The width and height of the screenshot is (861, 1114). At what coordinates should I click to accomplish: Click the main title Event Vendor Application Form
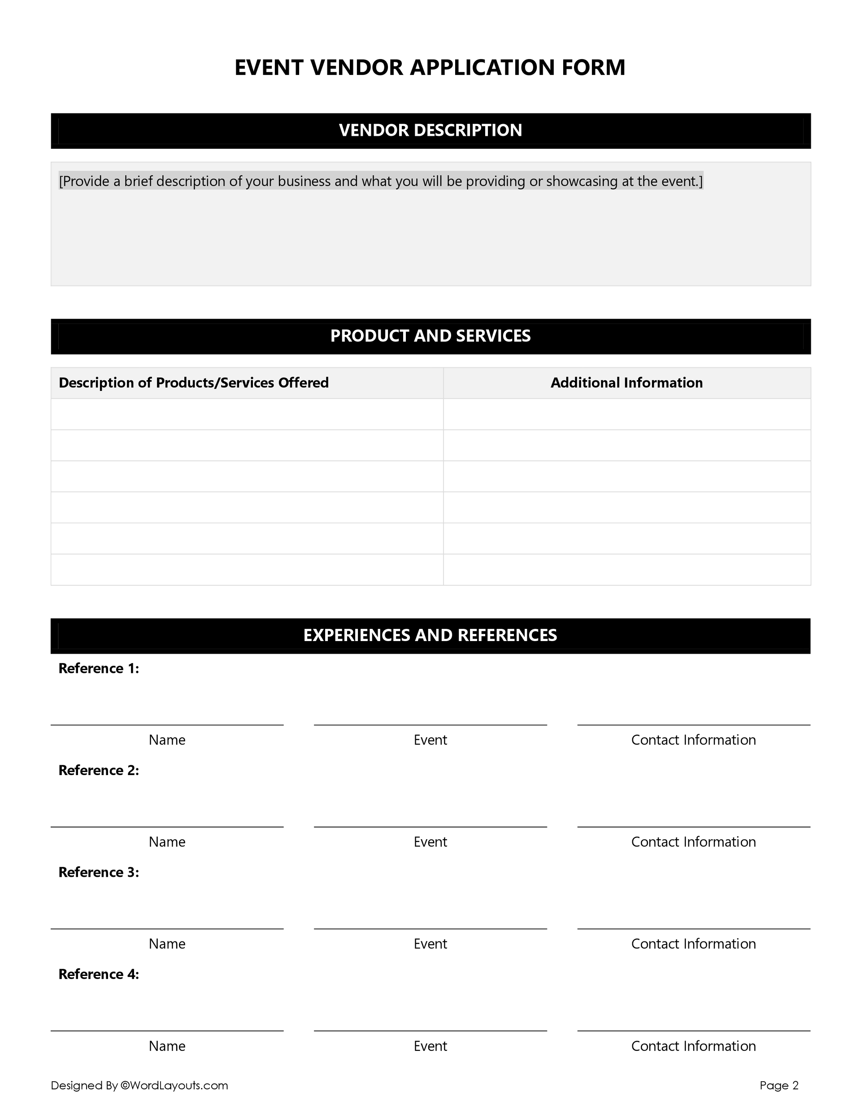coord(430,67)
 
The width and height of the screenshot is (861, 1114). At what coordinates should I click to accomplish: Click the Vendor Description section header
coord(430,130)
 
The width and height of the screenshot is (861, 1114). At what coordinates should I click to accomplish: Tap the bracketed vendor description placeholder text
coord(380,181)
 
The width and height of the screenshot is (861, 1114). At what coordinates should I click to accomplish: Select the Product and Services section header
coord(430,336)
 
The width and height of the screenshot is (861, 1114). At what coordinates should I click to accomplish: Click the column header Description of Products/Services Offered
coord(193,382)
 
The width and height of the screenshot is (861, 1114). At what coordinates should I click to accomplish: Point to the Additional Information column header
coord(626,382)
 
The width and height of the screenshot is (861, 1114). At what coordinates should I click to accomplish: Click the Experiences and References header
coord(430,635)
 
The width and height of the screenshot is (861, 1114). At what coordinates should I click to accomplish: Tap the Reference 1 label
coord(99,668)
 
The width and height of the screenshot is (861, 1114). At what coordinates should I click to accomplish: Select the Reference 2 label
coord(99,770)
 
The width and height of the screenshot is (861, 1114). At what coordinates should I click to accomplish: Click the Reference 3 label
coord(99,872)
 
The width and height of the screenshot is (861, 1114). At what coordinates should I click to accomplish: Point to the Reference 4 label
coord(99,974)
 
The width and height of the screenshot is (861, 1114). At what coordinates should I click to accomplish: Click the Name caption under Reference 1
coord(167,740)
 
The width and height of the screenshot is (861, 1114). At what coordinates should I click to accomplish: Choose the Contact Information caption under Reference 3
coord(693,944)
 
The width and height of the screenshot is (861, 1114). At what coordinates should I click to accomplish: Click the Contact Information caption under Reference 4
coord(693,1046)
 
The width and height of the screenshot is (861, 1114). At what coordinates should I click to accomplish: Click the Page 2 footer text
coord(778,1085)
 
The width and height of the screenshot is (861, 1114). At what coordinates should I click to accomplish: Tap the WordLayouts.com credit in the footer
coord(174,1085)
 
